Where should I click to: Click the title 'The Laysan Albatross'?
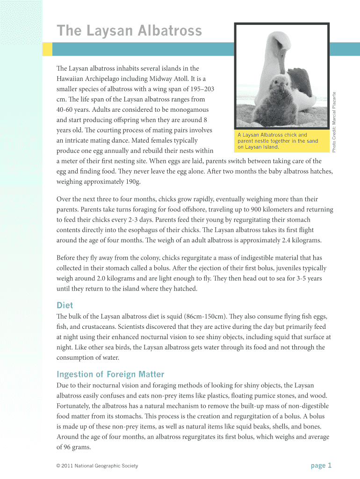pyautogui.click(x=129, y=31)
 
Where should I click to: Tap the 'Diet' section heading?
pyautogui.click(x=65, y=305)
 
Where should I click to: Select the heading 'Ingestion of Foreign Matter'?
pyautogui.click(x=110, y=374)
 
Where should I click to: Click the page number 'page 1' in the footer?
pyautogui.click(x=321, y=465)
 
